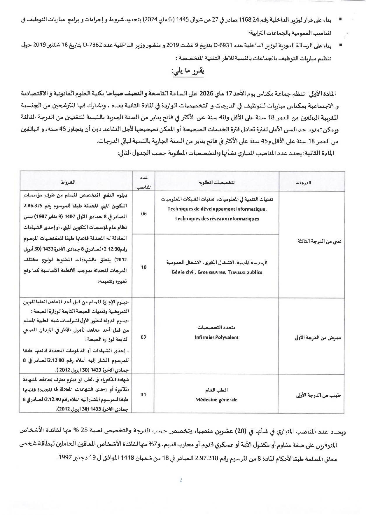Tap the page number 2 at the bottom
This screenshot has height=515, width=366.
[181, 480]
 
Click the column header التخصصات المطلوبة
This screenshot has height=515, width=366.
[217, 182]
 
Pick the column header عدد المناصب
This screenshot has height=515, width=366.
[144, 182]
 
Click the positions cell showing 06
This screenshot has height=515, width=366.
[144, 214]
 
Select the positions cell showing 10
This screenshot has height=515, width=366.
[144, 267]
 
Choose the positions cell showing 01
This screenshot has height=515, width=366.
[143, 395]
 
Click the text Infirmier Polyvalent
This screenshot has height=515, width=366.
[216, 337]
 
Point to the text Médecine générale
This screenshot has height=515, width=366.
[216, 400]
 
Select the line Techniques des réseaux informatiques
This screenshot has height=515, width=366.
[217, 219]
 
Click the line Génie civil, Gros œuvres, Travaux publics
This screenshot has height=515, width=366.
[217, 272]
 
